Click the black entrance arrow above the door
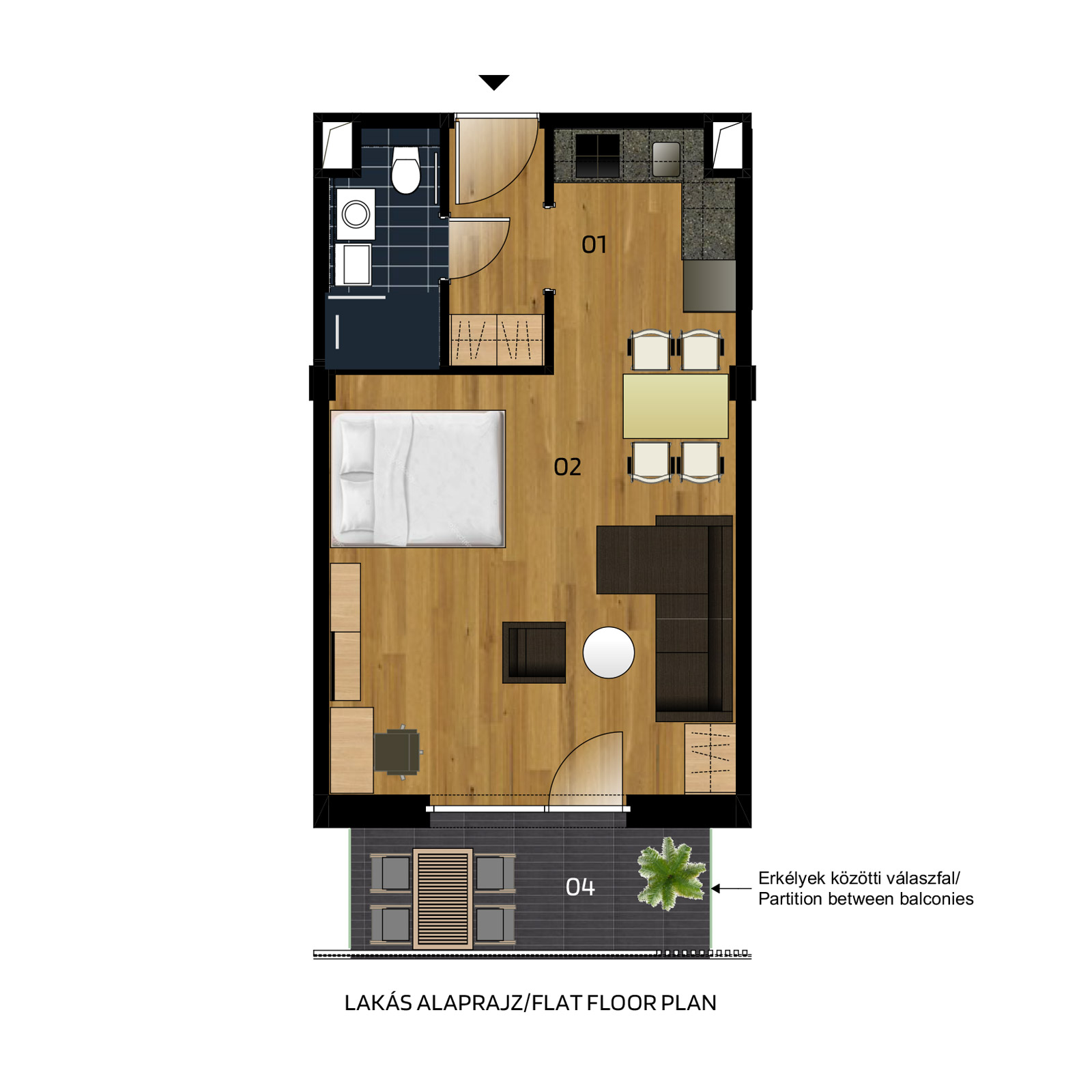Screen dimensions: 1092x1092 (494, 82)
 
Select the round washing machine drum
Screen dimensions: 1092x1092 (356, 214)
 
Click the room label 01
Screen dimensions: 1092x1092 (594, 244)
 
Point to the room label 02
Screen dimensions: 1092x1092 (567, 467)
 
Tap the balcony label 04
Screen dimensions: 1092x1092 (580, 887)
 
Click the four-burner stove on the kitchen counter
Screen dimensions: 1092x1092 (597, 156)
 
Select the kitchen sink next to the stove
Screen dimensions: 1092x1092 (666, 159)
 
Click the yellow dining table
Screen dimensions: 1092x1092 (676, 406)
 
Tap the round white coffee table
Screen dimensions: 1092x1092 (609, 652)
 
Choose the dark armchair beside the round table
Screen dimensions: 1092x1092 (534, 652)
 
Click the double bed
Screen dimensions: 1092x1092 (418, 478)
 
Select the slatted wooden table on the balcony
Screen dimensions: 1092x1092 (443, 899)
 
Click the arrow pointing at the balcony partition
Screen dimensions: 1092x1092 (731, 889)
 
